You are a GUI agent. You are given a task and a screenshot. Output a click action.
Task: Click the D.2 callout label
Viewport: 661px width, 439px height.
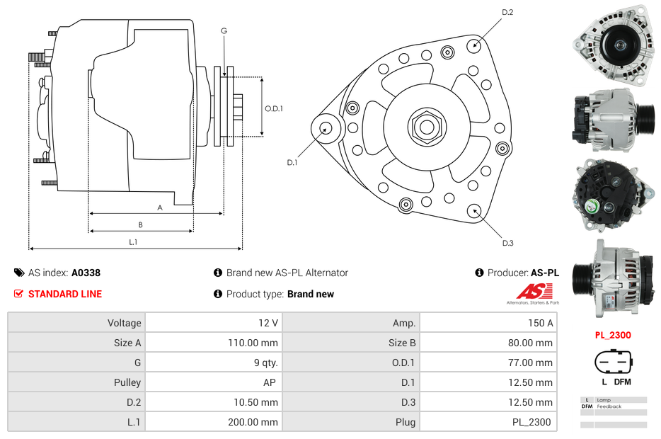click(x=507, y=12)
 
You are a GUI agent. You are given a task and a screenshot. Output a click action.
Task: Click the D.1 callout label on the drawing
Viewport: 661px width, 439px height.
click(x=292, y=162)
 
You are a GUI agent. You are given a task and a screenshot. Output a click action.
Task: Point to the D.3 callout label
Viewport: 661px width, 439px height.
click(x=507, y=243)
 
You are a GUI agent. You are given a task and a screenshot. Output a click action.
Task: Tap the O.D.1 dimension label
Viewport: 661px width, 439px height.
click(x=274, y=108)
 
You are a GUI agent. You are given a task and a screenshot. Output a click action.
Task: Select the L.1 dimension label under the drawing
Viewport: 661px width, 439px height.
click(x=132, y=242)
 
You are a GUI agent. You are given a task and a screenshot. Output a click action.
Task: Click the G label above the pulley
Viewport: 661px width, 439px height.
click(x=224, y=30)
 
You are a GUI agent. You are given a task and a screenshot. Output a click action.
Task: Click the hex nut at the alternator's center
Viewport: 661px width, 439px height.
click(x=426, y=127)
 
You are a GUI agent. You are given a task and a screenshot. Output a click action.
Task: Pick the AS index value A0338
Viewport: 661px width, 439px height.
click(x=86, y=273)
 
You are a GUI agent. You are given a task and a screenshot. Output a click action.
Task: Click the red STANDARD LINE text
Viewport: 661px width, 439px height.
click(x=65, y=294)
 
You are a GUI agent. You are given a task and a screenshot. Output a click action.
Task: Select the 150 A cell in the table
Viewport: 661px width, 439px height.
click(x=541, y=323)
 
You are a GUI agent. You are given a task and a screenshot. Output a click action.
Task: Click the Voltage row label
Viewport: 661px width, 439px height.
click(x=125, y=323)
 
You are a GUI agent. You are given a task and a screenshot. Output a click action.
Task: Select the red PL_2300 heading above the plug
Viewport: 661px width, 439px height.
click(x=612, y=335)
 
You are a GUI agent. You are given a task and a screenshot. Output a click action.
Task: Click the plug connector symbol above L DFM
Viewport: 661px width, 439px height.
click(x=612, y=362)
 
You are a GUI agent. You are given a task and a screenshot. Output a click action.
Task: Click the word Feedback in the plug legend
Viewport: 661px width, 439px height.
click(x=609, y=406)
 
